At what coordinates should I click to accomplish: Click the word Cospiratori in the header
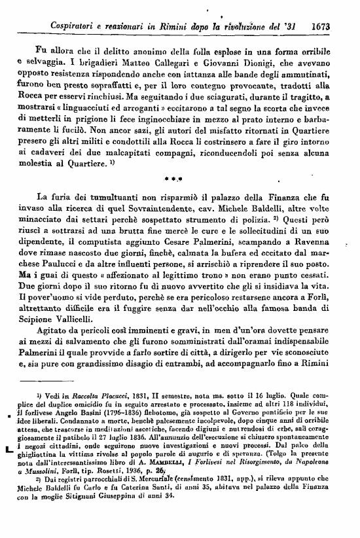coord(77,27)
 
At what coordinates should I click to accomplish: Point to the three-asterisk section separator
coord(180,177)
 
